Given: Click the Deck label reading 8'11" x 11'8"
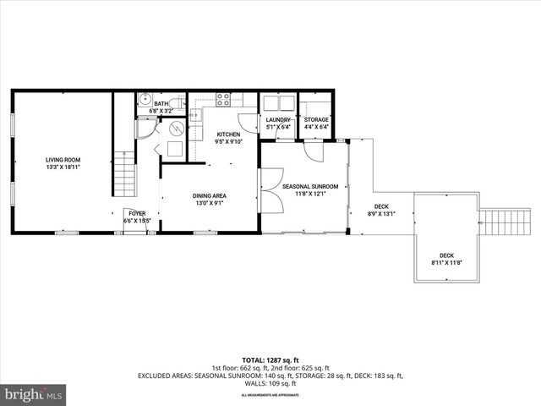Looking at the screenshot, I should [x=445, y=259].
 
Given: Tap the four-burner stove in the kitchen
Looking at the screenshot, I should [x=224, y=98].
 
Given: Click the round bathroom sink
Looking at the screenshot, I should [x=144, y=98].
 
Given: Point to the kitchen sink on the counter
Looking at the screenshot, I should [x=194, y=115].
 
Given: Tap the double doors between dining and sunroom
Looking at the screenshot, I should [x=271, y=190].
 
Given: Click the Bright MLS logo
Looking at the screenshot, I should [x=33, y=394].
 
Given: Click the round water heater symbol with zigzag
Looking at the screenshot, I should [x=177, y=129].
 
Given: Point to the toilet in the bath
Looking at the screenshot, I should [x=175, y=106].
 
